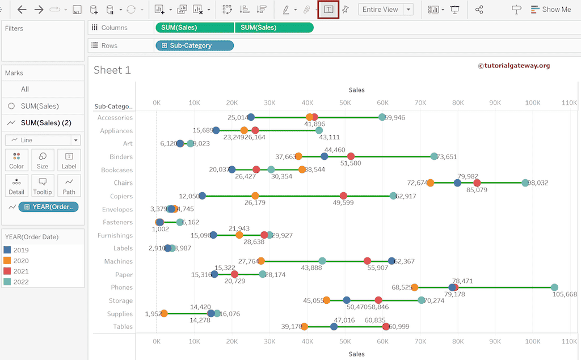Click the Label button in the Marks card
(69, 160)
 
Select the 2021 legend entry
(21, 272)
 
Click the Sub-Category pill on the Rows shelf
(194, 45)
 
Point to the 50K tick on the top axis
(345, 103)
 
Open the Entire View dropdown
(385, 10)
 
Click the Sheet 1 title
(112, 70)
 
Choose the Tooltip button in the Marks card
(43, 185)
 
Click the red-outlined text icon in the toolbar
(328, 10)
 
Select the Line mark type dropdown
(43, 140)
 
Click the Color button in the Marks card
(16, 160)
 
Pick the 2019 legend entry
(21, 250)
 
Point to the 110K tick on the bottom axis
(569, 342)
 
